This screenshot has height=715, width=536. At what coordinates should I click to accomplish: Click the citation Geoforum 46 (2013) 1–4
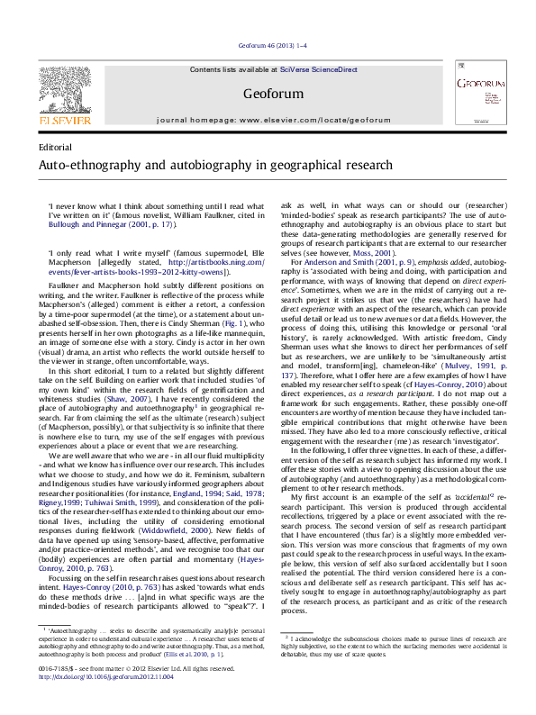pos(268,44)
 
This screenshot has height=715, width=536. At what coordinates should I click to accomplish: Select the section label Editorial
pos(56,147)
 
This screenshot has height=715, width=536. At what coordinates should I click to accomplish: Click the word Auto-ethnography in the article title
pos(91,166)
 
